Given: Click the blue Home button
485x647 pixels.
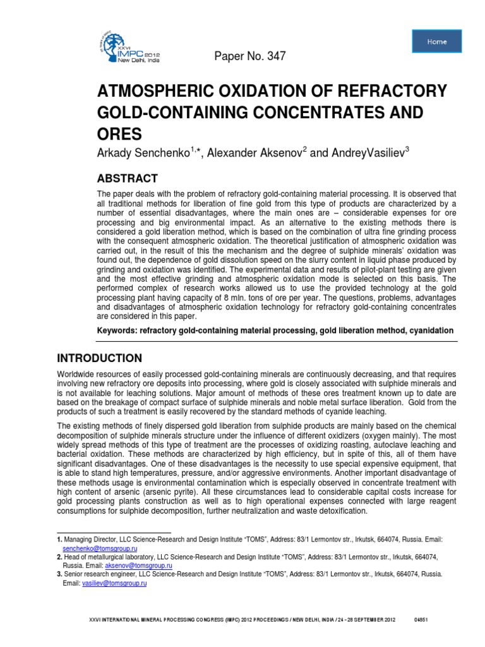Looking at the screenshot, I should (436, 42).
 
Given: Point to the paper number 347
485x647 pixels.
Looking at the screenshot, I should (251, 57).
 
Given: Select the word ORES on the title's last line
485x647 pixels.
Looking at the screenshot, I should (119, 135).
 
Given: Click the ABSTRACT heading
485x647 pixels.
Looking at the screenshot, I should (127, 178).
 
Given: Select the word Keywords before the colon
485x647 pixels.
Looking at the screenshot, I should (118, 330).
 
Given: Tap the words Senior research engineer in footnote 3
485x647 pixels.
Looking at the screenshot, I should (96, 575).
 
